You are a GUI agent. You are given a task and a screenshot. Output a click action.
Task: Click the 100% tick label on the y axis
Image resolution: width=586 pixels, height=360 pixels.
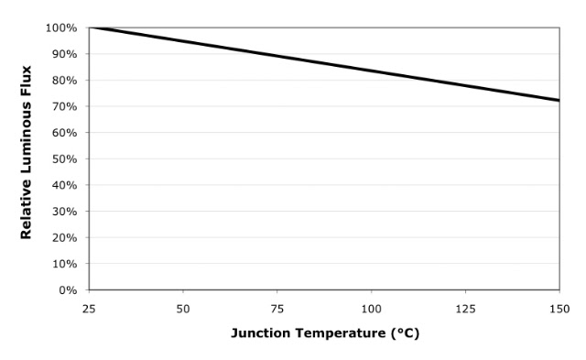[61, 28]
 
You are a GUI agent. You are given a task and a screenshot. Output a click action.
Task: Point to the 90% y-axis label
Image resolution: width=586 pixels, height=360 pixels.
[64, 54]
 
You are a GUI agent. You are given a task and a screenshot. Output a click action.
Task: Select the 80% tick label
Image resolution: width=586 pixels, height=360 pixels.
[64, 81]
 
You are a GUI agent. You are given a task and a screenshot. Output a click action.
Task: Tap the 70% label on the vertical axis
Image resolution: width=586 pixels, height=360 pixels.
[64, 106]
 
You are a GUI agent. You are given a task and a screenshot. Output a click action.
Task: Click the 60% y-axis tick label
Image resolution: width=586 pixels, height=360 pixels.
[64, 133]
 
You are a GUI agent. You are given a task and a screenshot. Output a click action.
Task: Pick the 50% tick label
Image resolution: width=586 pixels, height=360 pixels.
[64, 158]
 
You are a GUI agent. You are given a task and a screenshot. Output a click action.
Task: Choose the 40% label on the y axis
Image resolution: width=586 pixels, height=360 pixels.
[64, 185]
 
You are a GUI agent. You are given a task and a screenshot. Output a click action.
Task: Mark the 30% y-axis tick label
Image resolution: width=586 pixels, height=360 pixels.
[64, 212]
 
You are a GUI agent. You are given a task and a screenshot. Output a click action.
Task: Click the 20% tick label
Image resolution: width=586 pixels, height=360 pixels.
[64, 237]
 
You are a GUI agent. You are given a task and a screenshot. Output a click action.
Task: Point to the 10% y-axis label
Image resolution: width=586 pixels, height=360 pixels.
[64, 264]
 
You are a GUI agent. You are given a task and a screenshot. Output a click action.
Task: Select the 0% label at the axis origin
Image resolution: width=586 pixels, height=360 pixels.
[68, 290]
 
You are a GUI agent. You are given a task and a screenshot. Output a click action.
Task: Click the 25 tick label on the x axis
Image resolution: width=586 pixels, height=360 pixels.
[89, 309]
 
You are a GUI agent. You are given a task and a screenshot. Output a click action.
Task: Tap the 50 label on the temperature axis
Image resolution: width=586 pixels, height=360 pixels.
[183, 309]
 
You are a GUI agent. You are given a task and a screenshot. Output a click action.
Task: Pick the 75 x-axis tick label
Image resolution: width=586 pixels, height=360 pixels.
[277, 309]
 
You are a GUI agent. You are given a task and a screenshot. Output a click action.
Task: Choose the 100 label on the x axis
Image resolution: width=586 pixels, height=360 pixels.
[372, 309]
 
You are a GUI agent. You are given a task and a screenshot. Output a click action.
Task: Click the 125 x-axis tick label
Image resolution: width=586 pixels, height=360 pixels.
[466, 309]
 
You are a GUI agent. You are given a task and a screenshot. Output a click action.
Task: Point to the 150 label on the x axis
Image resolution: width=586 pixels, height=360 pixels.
[559, 309]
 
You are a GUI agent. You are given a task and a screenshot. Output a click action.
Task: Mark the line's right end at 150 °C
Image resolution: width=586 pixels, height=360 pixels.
[559, 100]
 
